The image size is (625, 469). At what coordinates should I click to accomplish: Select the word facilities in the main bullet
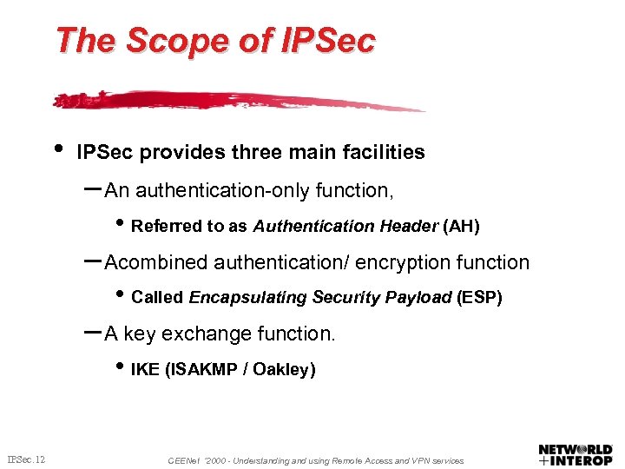381,152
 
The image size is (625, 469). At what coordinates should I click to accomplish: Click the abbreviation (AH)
461,226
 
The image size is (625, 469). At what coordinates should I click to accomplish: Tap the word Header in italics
409,226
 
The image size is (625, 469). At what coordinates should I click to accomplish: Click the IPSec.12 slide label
27,458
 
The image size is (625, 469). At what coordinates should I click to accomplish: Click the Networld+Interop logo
576,453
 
